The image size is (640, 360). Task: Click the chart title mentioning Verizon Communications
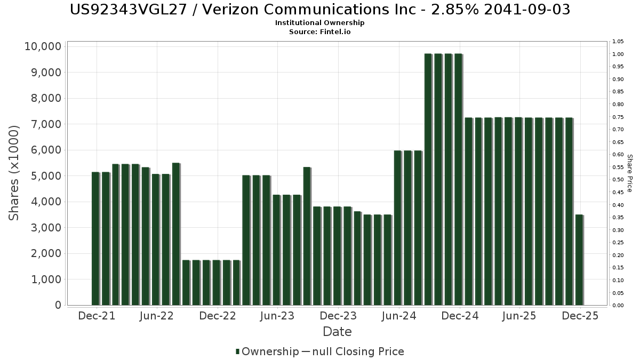pyautogui.click(x=320, y=10)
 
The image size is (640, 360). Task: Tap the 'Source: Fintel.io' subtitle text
pyautogui.click(x=320, y=31)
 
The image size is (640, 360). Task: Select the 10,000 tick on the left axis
pyautogui.click(x=43, y=46)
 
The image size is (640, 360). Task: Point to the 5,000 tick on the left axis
pyautogui.click(x=45, y=176)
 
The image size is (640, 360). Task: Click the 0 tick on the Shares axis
pyautogui.click(x=58, y=305)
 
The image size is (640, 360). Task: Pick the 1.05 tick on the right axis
pyautogui.click(x=618, y=42)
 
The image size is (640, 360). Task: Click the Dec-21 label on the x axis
pyautogui.click(x=97, y=316)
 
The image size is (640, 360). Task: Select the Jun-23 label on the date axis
pyautogui.click(x=277, y=316)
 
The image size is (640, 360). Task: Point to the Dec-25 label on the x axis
pyautogui.click(x=580, y=316)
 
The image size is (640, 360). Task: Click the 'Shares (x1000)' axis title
pyautogui.click(x=14, y=173)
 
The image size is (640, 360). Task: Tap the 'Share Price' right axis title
pyautogui.click(x=629, y=173)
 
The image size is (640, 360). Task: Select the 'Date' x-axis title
pyautogui.click(x=337, y=332)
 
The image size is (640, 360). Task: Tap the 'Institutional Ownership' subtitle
pyautogui.click(x=320, y=23)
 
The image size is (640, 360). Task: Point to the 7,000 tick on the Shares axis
pyautogui.click(x=45, y=124)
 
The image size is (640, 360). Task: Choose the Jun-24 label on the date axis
pyautogui.click(x=399, y=316)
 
